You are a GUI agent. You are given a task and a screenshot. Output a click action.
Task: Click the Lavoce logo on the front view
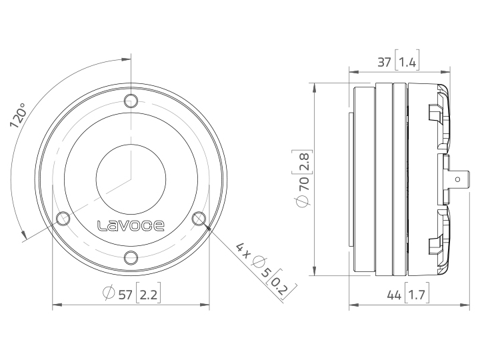point(131,225)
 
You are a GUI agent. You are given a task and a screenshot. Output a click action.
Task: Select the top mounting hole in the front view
point(131,101)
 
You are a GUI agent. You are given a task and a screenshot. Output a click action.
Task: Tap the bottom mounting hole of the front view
point(131,258)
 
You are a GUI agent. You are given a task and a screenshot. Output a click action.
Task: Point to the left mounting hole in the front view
point(64,218)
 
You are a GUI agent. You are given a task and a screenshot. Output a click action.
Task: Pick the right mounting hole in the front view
point(199,218)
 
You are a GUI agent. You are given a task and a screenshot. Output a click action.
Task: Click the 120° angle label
point(18,115)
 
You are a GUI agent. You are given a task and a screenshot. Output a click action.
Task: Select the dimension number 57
point(125,295)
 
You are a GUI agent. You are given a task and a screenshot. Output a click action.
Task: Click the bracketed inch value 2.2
point(149,295)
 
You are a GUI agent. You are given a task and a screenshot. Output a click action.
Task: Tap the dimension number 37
point(384,63)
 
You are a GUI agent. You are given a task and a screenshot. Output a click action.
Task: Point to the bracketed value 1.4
point(408,63)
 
